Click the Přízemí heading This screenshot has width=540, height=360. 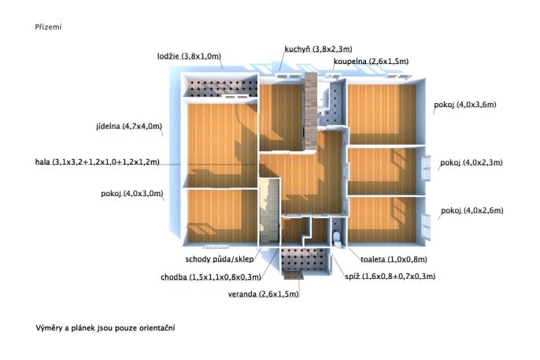[x=48, y=27]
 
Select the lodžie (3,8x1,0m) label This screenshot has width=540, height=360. [x=189, y=56]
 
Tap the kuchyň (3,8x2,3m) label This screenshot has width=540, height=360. [x=318, y=49]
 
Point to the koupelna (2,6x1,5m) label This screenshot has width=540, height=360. [x=371, y=61]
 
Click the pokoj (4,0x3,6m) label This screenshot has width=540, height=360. [x=465, y=105]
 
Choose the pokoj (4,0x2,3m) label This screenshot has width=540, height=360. [x=471, y=162]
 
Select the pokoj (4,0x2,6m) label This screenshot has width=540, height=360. [x=472, y=210]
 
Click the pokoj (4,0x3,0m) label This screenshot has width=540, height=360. [x=132, y=194]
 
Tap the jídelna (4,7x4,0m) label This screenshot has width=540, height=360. [x=129, y=126]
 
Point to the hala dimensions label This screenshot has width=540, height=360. [x=98, y=162]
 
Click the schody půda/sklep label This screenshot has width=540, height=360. [x=220, y=259]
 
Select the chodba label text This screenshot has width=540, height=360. [x=211, y=277]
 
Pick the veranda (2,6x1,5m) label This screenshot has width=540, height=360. [x=263, y=294]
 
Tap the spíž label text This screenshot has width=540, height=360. [x=390, y=276]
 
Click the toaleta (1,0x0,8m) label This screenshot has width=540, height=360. [x=394, y=259]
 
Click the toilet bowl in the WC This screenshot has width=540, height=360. [x=337, y=237]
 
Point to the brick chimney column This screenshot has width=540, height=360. [x=311, y=111]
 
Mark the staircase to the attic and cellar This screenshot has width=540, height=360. [x=269, y=210]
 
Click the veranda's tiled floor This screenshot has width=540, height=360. [x=304, y=259]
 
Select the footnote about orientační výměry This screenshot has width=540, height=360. [x=105, y=328]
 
